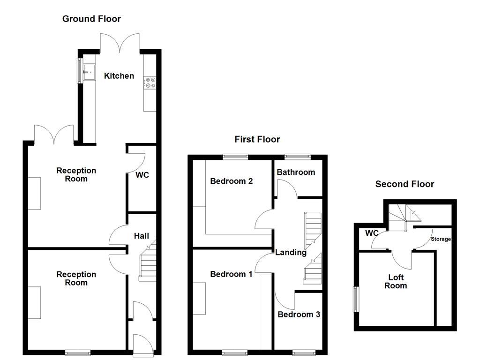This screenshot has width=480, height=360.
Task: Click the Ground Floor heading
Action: pos(91,19)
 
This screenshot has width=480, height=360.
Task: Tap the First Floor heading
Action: pos(257,139)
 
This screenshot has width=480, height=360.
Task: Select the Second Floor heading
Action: pos(405,184)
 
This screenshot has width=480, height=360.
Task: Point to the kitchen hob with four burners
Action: pos(150,82)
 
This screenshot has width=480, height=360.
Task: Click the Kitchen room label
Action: pos(119,76)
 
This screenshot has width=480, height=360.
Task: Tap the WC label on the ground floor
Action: pos(142,175)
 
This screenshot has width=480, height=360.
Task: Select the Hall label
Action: pos(142,236)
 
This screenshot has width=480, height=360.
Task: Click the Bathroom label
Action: pos(296,172)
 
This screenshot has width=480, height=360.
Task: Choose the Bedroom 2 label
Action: pos(231,181)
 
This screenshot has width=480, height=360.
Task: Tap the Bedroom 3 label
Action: pos(299,315)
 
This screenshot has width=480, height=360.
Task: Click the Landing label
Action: pos(291,253)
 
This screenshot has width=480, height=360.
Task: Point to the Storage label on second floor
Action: pos(441,239)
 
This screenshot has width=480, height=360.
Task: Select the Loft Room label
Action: pos(395,281)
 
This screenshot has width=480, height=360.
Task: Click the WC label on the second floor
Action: pos(372,233)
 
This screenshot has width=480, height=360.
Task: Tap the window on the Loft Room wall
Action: pos(355,299)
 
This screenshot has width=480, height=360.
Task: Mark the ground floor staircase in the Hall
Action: pos(147,265)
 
